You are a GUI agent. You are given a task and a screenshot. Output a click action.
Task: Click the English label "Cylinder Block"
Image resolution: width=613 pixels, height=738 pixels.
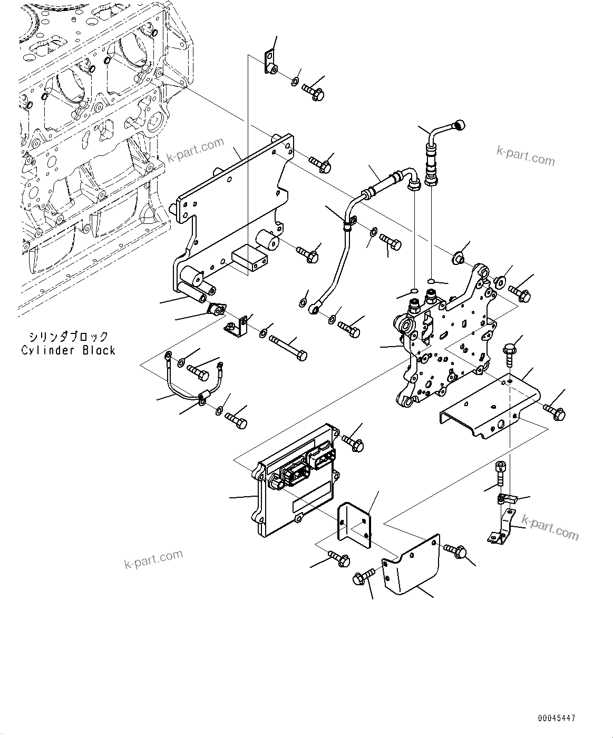coord(68,350)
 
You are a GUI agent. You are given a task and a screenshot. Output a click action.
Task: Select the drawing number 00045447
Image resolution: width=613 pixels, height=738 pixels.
coord(557,718)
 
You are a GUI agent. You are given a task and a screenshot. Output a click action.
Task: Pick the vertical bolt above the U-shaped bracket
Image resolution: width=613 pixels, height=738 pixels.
coord(509,353)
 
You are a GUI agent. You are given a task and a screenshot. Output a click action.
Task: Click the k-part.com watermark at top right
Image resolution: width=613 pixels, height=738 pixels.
coord(526,155)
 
